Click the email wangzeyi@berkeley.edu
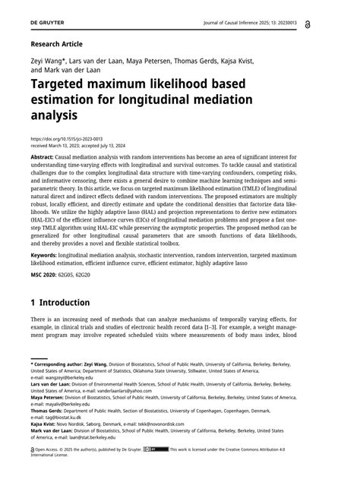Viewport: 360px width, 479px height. pos(70,377)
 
